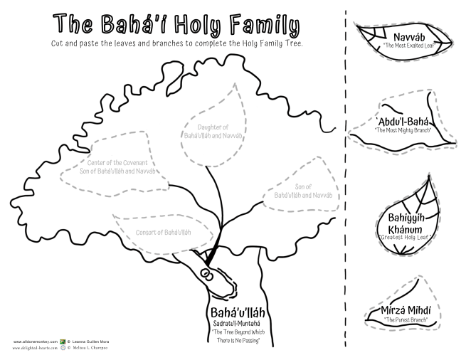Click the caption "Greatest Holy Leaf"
pyautogui.click(x=408, y=238)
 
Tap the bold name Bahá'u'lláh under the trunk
pyautogui.click(x=234, y=312)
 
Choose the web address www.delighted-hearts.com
pyautogui.click(x=34, y=351)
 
